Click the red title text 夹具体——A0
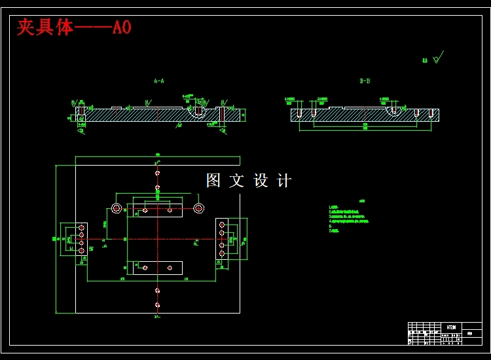point(73,27)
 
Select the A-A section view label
point(158,81)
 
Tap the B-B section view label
point(365,81)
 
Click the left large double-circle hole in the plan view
point(117,208)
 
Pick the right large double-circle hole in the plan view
point(199,208)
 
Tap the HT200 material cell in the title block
point(452,326)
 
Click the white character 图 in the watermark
point(213,181)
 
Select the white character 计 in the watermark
point(284,181)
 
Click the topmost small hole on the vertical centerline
point(157,173)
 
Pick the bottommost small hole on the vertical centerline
point(157,304)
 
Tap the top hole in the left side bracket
point(82,226)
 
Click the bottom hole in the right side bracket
point(223,254)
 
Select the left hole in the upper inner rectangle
point(145,211)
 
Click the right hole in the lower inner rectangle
point(170,268)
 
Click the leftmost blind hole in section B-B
point(299,113)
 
